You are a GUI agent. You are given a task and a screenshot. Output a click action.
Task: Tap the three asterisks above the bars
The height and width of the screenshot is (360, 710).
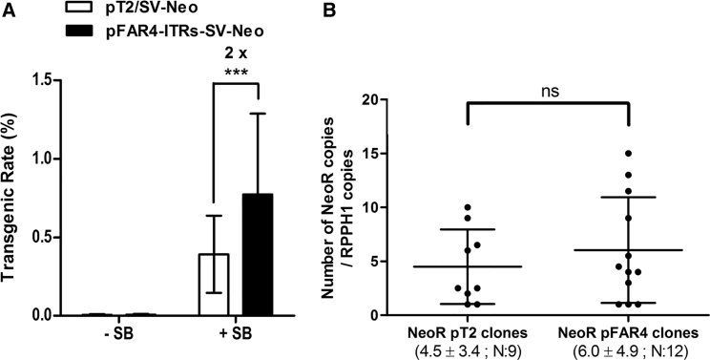pyautogui.click(x=240, y=73)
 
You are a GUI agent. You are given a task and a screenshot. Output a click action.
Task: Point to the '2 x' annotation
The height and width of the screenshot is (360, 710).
pyautogui.click(x=240, y=55)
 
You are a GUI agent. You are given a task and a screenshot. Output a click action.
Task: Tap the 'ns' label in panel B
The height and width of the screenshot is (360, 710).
pyautogui.click(x=547, y=92)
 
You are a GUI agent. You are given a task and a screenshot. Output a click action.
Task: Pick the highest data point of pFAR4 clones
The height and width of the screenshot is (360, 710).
pyautogui.click(x=628, y=153)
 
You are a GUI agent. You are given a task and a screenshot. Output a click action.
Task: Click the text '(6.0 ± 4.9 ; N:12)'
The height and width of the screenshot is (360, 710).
pyautogui.click(x=628, y=350)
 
